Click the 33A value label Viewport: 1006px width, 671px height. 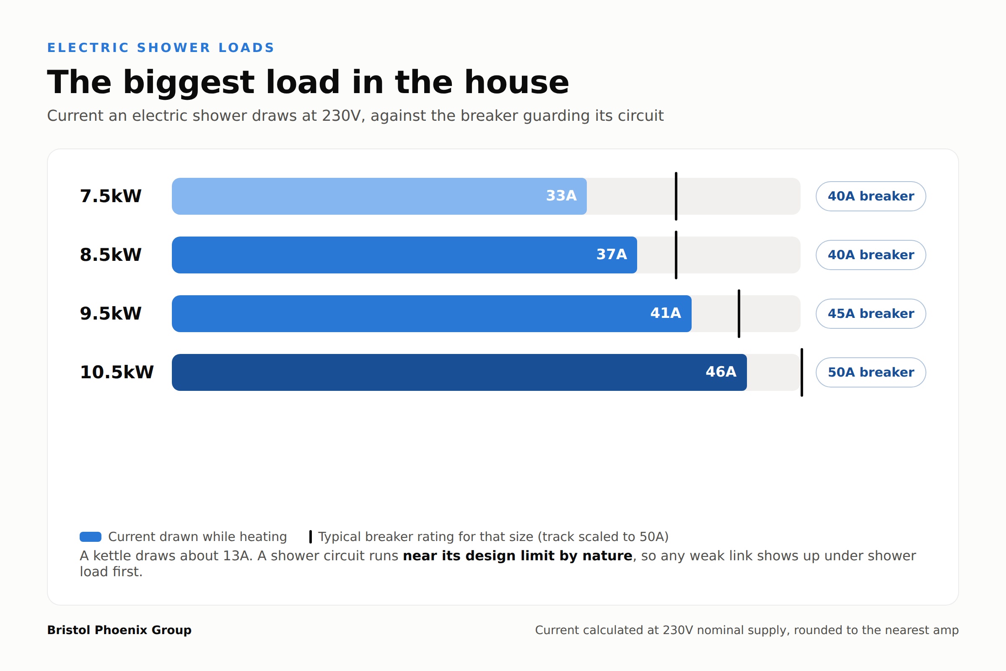(561, 196)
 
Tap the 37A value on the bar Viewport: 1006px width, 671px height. (612, 255)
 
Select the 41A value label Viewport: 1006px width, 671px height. (666, 313)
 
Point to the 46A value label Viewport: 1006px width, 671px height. (721, 372)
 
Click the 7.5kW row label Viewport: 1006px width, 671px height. (110, 196)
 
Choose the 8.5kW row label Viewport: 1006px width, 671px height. (110, 255)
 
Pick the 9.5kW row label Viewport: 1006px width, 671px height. (110, 313)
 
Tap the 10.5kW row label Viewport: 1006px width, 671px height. (117, 372)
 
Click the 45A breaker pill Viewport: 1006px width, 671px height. (871, 314)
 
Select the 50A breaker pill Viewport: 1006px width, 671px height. (871, 372)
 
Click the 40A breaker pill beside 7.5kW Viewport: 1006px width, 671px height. (871, 196)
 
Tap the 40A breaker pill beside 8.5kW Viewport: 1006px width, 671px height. (871, 255)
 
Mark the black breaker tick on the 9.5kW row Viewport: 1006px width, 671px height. (739, 314)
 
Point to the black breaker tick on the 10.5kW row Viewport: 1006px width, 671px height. (802, 372)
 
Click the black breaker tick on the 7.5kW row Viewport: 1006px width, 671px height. (676, 196)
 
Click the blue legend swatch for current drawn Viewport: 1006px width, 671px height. (91, 537)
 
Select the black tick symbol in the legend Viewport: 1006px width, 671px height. (311, 537)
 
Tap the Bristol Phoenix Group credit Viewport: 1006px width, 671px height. (119, 630)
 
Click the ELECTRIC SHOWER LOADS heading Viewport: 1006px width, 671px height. (161, 47)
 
